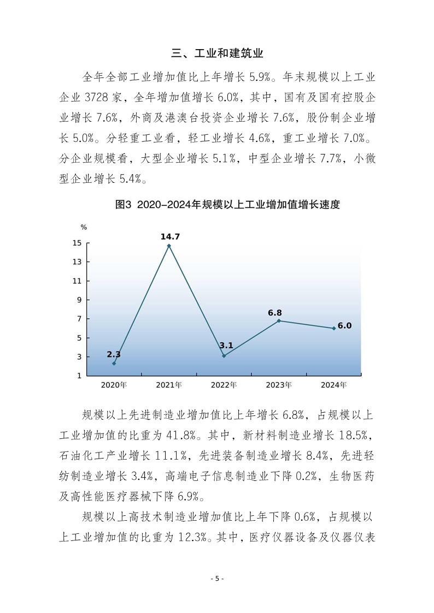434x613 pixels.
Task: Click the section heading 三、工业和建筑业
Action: [217, 53]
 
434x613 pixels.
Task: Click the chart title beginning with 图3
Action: [228, 205]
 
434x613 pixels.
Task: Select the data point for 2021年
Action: [169, 246]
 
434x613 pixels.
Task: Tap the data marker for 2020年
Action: [114, 364]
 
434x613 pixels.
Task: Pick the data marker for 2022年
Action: [224, 356]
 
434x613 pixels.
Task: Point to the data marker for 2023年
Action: [279, 320]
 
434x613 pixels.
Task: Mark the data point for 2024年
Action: [334, 328]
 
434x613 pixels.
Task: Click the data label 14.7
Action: [170, 236]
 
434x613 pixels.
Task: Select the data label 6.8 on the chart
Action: [275, 313]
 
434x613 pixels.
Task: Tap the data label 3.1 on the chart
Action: [226, 346]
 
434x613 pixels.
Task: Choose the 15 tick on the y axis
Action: [78, 243]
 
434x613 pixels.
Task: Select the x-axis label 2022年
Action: [224, 385]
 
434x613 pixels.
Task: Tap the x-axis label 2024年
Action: [334, 385]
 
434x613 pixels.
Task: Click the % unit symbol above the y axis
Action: [84, 227]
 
